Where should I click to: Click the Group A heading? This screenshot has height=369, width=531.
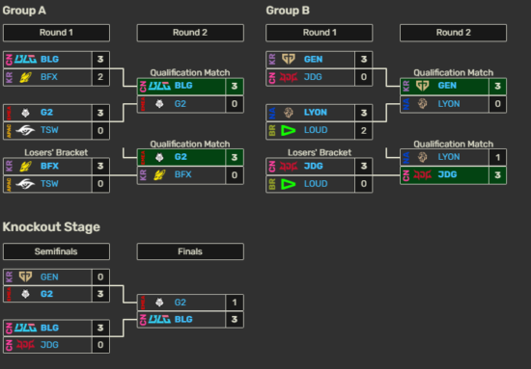23,12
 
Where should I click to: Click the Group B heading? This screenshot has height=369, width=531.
287,12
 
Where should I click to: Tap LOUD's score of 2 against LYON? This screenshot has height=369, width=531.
364,128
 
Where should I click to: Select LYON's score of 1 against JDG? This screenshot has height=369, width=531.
498,157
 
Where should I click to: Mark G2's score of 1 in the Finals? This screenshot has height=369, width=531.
235,303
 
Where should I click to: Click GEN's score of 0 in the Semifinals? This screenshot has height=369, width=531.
100,277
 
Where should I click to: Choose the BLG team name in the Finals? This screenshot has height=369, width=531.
183,319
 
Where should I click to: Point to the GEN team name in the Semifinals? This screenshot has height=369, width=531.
49,277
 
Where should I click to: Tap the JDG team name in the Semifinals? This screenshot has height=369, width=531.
49,344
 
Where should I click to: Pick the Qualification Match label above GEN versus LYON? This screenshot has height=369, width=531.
453,73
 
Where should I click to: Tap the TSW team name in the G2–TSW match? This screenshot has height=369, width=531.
50,128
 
